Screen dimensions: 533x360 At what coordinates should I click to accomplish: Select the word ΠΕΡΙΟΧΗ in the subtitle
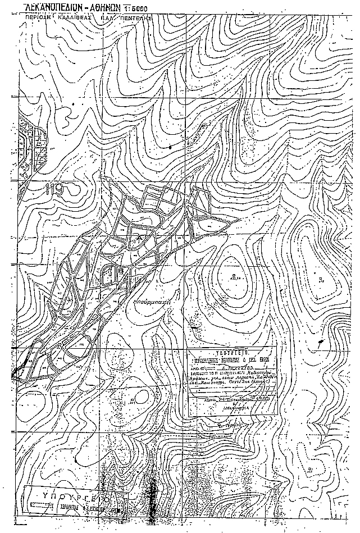(41, 18)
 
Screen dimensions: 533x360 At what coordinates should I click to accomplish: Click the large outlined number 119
(54, 190)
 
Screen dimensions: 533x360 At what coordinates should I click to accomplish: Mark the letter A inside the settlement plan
(140, 238)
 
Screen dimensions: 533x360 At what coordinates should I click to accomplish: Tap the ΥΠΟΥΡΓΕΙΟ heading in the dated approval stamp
(231, 350)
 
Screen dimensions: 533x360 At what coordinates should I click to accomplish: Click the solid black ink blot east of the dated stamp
(320, 341)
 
